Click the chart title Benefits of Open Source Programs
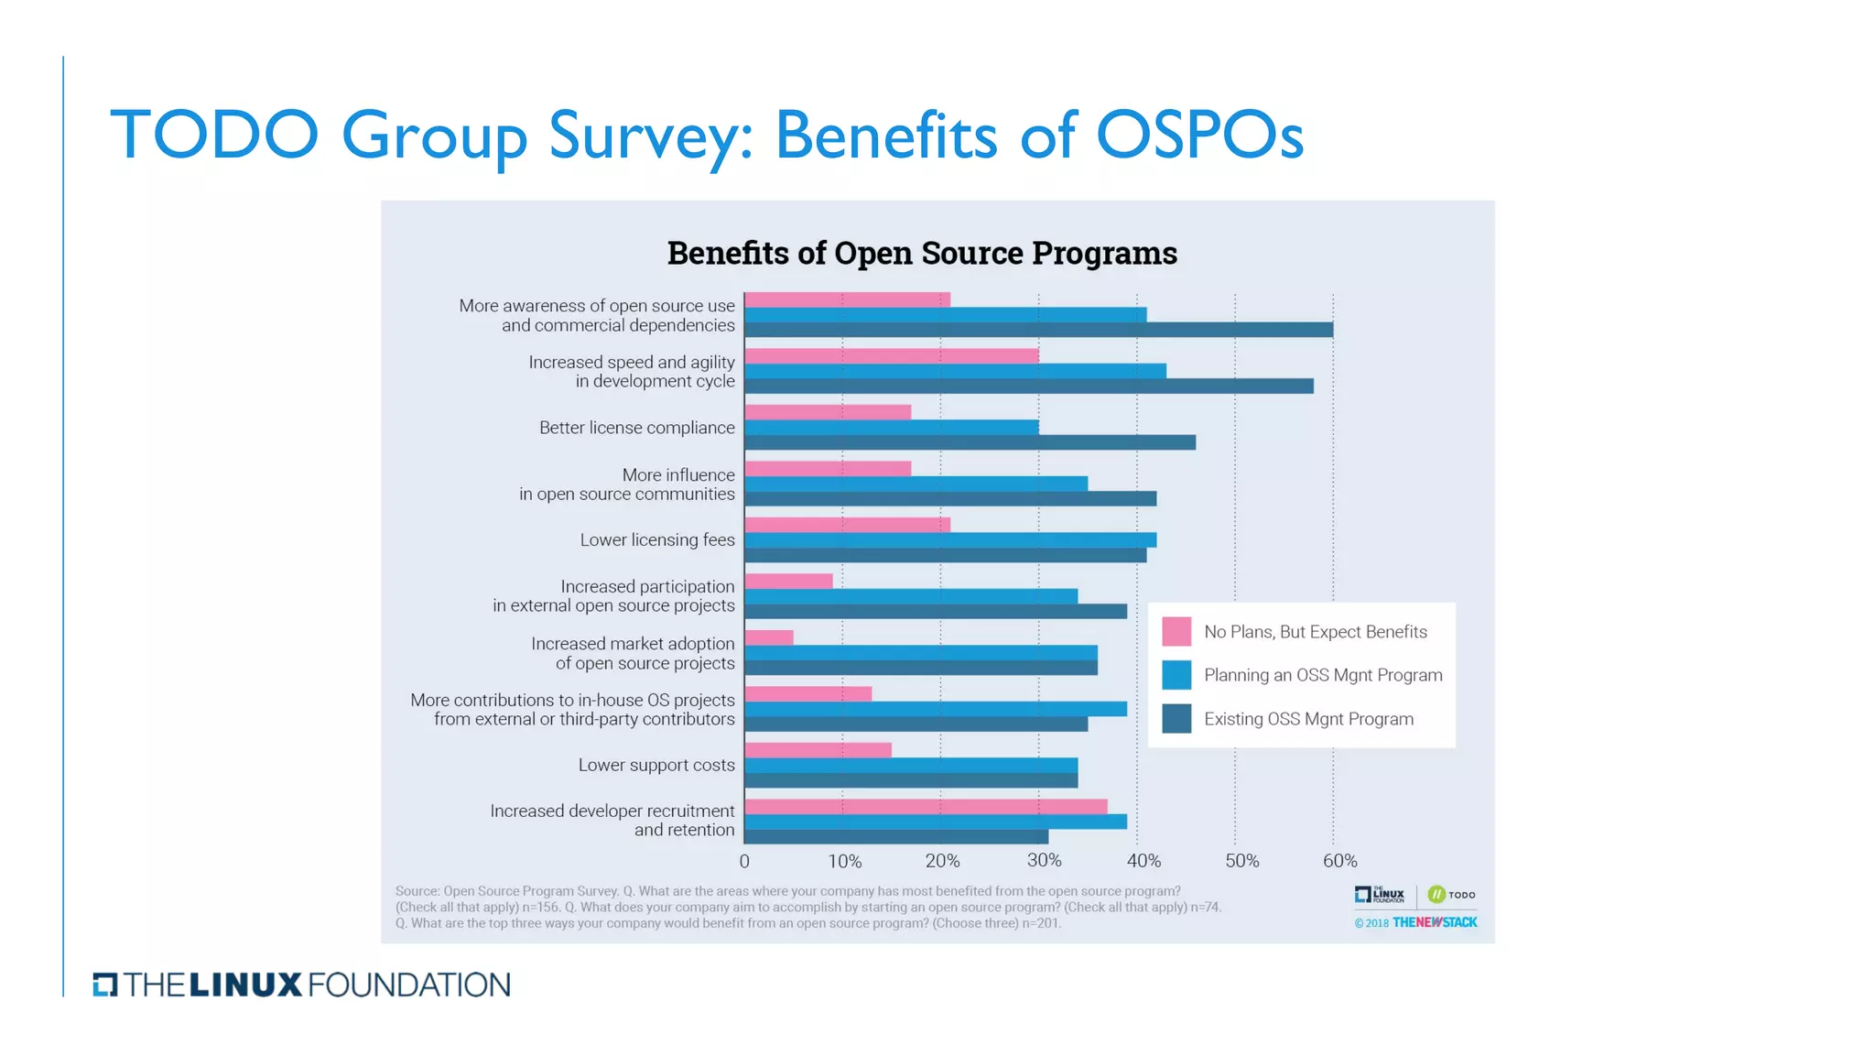pyautogui.click(x=922, y=253)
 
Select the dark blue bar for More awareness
pyautogui.click(x=1038, y=330)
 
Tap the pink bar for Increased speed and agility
pyautogui.click(x=891, y=355)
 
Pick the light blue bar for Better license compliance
pyautogui.click(x=891, y=427)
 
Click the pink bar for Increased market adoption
pyautogui.click(x=769, y=637)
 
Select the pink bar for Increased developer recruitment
pyautogui.click(x=925, y=807)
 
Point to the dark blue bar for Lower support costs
pyautogui.click(x=911, y=780)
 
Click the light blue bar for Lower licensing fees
pyautogui.click(x=949, y=539)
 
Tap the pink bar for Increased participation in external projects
pyautogui.click(x=788, y=581)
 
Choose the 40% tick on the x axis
pyautogui.click(x=1143, y=861)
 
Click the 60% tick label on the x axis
pyautogui.click(x=1339, y=861)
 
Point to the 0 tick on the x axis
pyautogui.click(x=744, y=861)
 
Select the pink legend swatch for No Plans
pyautogui.click(x=1176, y=631)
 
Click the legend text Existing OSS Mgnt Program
pyautogui.click(x=1308, y=719)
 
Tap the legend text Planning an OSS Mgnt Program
pyautogui.click(x=1323, y=675)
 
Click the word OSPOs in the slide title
pyautogui.click(x=1199, y=136)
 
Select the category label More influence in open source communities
pyautogui.click(x=627, y=484)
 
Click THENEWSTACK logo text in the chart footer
pyautogui.click(x=1435, y=922)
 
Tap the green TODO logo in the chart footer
pyautogui.click(x=1451, y=894)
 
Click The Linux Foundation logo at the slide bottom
pyautogui.click(x=302, y=985)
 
